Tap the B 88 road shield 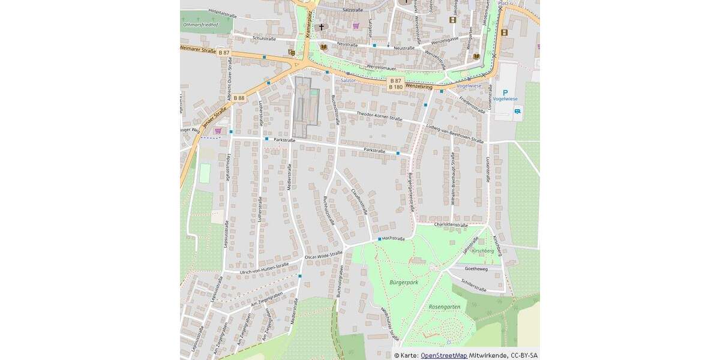pyautogui.click(x=239, y=98)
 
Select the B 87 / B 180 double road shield pyautogui.click(x=395, y=83)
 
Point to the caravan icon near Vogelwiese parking pyautogui.click(x=517, y=110)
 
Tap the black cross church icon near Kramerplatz pyautogui.click(x=322, y=27)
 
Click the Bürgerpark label pyautogui.click(x=403, y=281)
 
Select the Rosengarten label pyautogui.click(x=445, y=307)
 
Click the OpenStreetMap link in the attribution pyautogui.click(x=443, y=355)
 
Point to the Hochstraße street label pyautogui.click(x=394, y=238)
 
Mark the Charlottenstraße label pyautogui.click(x=451, y=224)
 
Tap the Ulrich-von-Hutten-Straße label pyautogui.click(x=264, y=268)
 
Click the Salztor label pyautogui.click(x=348, y=80)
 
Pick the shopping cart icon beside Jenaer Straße pyautogui.click(x=217, y=130)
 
